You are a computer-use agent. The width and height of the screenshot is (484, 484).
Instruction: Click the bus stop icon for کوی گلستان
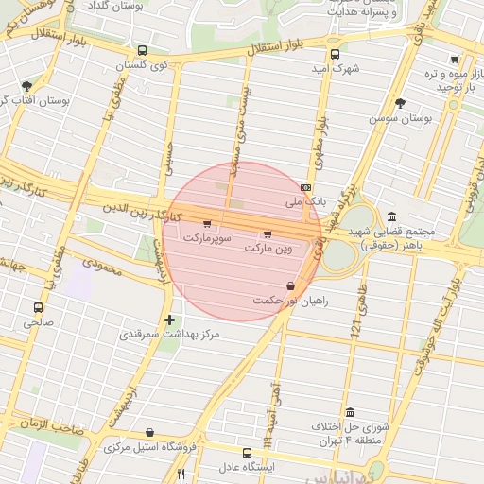click(142, 51)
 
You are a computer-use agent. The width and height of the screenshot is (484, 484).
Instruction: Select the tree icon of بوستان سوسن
click(401, 103)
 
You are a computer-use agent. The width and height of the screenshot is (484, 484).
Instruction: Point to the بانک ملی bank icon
click(305, 187)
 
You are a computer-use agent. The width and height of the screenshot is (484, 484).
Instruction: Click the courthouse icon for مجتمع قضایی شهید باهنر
click(391, 216)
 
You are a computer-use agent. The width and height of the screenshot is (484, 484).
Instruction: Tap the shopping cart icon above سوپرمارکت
click(207, 223)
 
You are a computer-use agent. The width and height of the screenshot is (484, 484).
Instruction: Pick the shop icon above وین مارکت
click(268, 233)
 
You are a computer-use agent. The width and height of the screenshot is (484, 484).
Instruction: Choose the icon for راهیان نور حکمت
click(289, 285)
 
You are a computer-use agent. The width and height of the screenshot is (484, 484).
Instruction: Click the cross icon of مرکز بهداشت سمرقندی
click(170, 320)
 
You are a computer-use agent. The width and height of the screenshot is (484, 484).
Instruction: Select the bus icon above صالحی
click(39, 307)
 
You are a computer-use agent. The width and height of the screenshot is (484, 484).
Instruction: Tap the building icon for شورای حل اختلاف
click(351, 412)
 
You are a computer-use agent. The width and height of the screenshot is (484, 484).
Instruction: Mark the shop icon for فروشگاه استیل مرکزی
click(149, 432)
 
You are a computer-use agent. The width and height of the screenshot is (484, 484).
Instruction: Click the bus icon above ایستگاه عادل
click(247, 453)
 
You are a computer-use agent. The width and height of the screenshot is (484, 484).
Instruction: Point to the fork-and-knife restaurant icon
click(181, 474)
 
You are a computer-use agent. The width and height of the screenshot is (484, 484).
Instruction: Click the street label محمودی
click(105, 269)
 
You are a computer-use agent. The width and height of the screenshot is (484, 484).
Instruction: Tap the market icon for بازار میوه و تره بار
click(455, 60)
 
